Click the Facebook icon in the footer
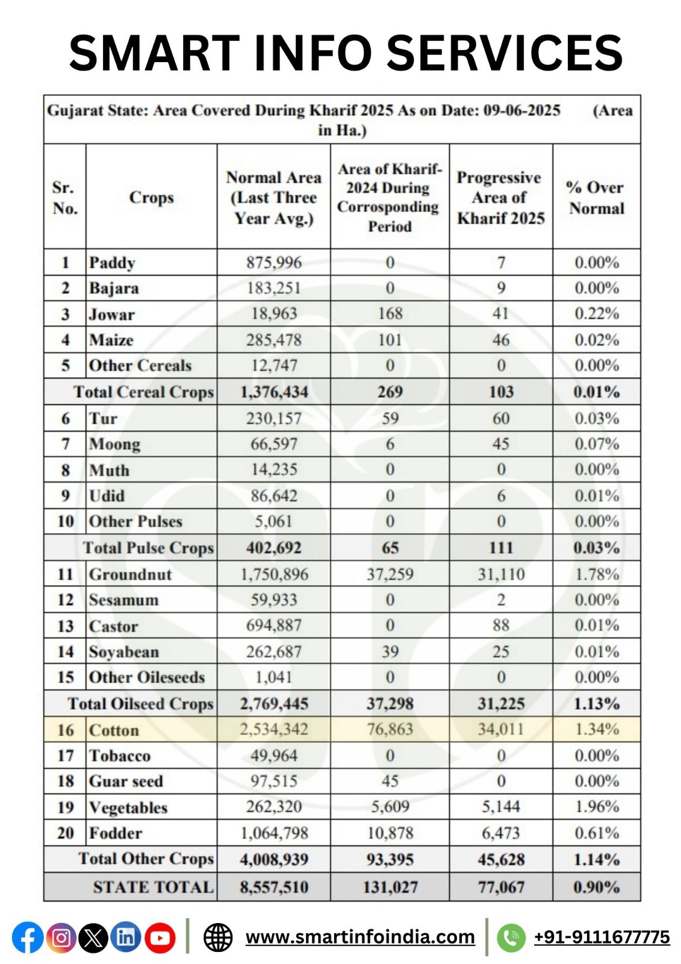click(x=28, y=937)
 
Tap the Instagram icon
click(x=61, y=937)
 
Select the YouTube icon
click(x=160, y=937)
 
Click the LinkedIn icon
click(x=126, y=937)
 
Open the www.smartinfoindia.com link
click(x=360, y=937)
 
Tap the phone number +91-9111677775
click(x=602, y=937)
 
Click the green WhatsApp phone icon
click(x=511, y=937)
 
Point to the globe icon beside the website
click(x=218, y=937)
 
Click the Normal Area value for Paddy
click(x=273, y=263)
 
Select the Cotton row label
click(x=114, y=730)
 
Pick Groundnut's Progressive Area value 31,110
click(x=501, y=574)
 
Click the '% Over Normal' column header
click(x=596, y=198)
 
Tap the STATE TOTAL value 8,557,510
click(x=274, y=887)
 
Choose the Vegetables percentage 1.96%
click(x=596, y=807)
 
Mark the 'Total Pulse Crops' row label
click(x=148, y=548)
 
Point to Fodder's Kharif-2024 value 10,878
click(x=390, y=833)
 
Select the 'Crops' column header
click(x=151, y=198)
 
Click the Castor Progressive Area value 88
click(x=501, y=625)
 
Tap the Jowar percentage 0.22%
click(x=596, y=314)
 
